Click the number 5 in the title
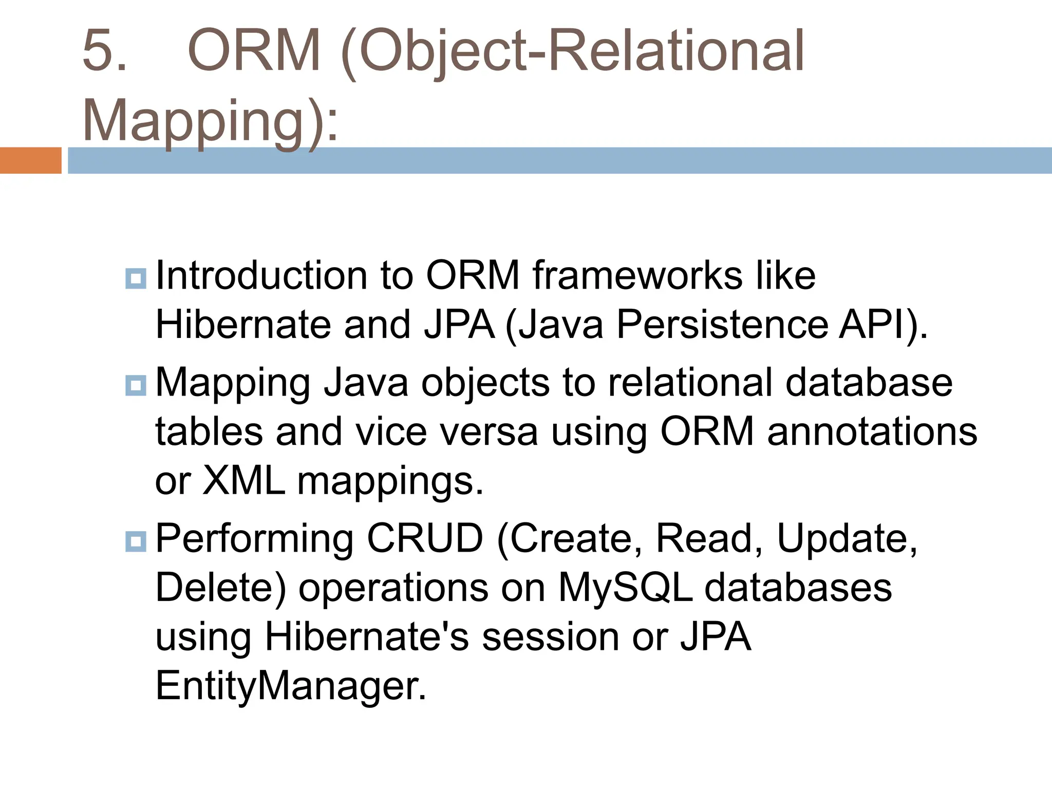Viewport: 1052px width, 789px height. [x=104, y=51]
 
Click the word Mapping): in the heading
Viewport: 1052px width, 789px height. [x=210, y=120]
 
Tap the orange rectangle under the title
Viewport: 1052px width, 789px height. [x=30, y=160]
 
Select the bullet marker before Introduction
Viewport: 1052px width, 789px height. [x=136, y=278]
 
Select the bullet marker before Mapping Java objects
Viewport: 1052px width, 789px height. [x=136, y=385]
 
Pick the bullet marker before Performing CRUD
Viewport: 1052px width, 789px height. [x=136, y=541]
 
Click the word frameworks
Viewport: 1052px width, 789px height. [x=637, y=276]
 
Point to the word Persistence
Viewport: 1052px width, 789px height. [x=722, y=325]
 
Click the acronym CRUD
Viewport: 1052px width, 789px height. [x=425, y=539]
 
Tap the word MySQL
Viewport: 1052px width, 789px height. [x=625, y=588]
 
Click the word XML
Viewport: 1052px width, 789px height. [x=243, y=481]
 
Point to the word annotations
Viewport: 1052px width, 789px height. [x=872, y=431]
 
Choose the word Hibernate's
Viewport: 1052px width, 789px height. [x=366, y=636]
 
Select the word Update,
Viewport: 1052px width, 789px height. [x=847, y=539]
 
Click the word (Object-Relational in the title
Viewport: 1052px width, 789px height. [x=572, y=51]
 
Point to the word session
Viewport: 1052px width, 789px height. [x=550, y=636]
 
